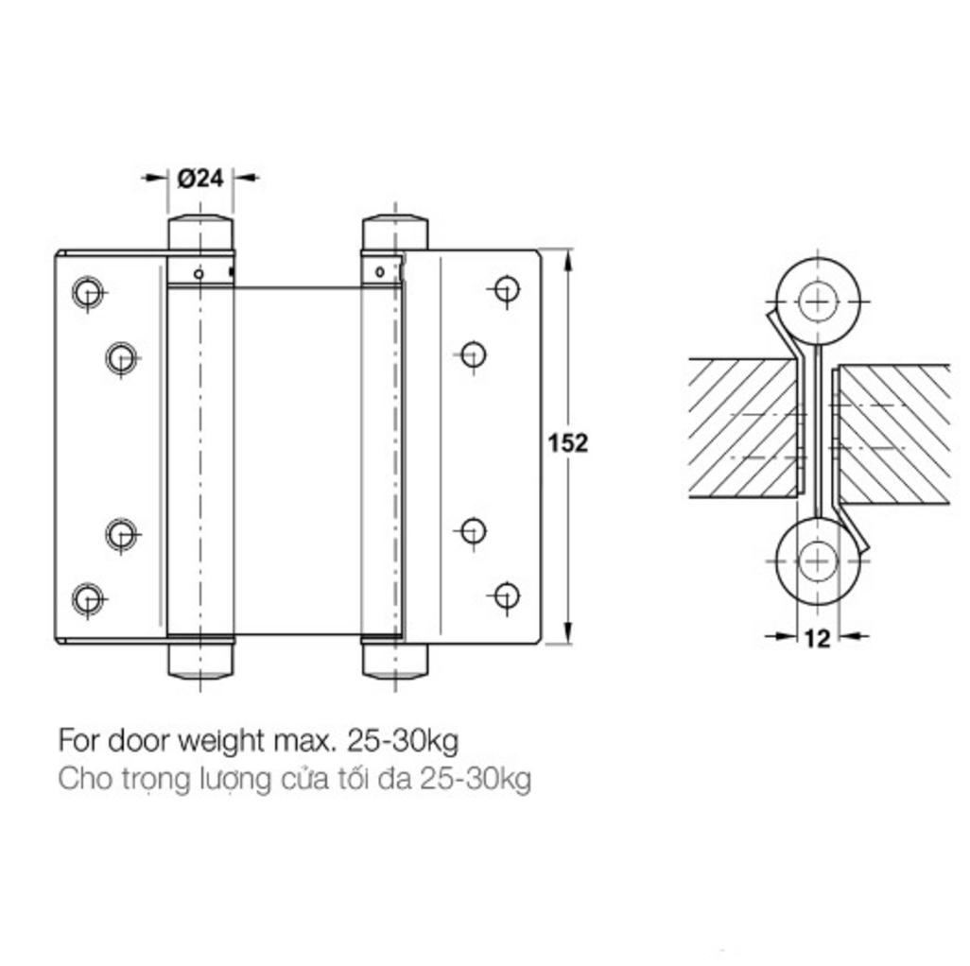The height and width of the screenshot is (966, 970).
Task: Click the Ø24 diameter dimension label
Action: click(200, 177)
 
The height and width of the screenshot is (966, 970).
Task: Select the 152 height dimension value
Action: click(568, 442)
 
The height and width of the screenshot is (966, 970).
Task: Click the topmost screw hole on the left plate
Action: click(87, 292)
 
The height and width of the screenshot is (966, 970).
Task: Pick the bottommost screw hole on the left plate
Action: click(87, 597)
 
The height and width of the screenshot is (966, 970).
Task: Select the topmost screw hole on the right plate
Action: click(507, 288)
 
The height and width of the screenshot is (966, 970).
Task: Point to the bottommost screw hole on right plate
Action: click(507, 595)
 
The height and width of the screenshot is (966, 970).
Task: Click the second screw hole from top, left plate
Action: click(120, 357)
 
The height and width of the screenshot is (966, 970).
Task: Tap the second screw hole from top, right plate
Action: click(474, 354)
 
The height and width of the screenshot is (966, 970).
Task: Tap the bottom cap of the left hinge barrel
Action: click(200, 661)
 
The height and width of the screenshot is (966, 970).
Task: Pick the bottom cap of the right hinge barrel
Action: click(395, 661)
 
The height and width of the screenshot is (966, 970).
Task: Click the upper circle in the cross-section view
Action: click(817, 301)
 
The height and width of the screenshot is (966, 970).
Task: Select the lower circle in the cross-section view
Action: click(817, 561)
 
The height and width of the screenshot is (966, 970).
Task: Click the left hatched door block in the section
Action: click(742, 428)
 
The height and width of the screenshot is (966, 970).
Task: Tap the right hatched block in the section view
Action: click(893, 433)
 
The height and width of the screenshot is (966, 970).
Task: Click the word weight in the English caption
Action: click(227, 739)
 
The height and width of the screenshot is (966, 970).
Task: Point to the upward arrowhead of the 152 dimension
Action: click(568, 259)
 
